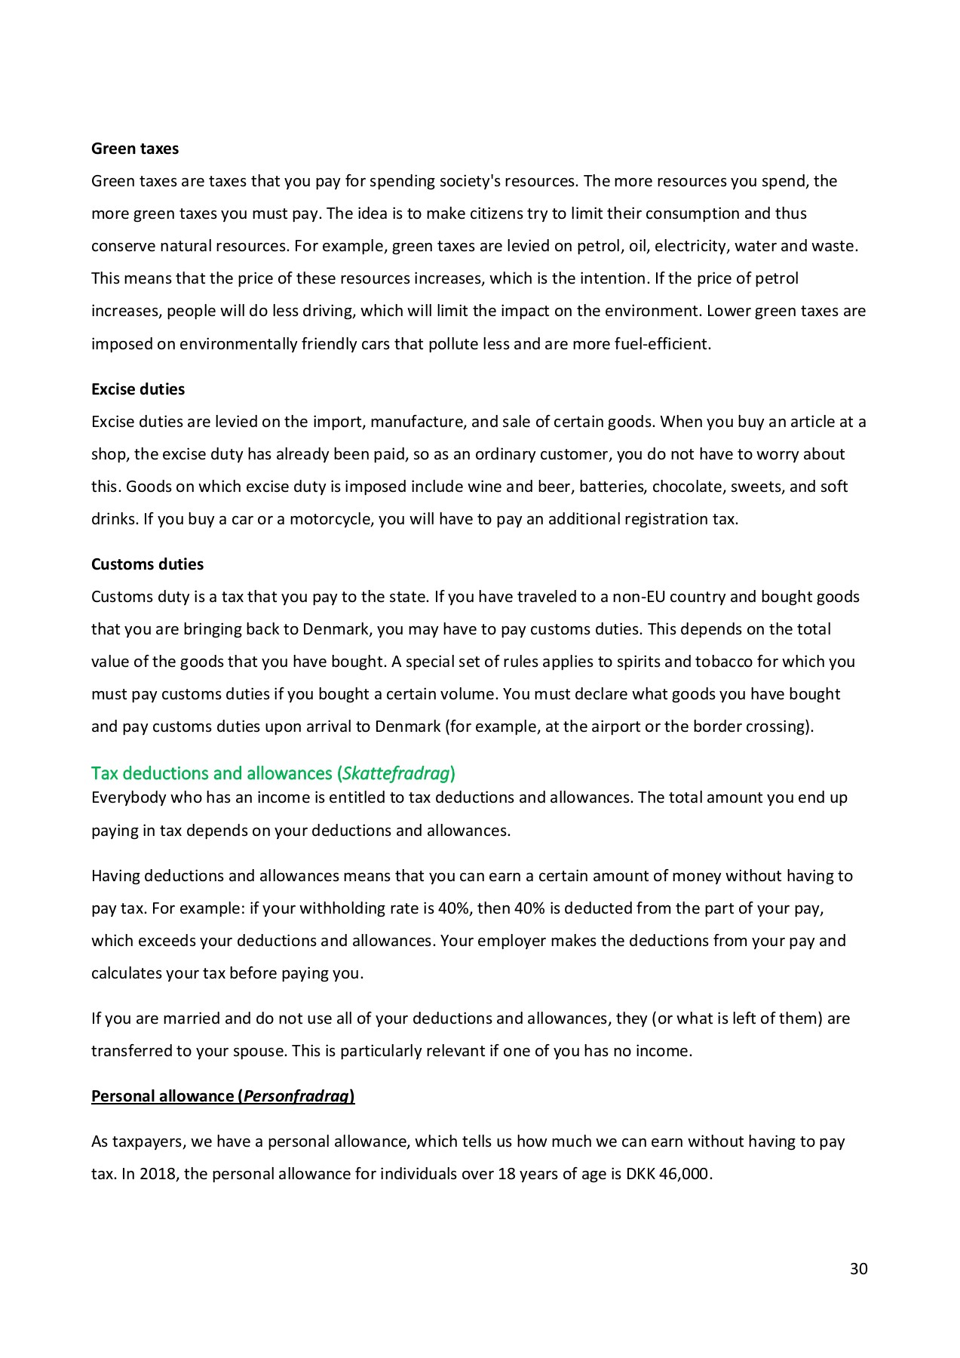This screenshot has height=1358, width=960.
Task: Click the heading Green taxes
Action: [x=135, y=149]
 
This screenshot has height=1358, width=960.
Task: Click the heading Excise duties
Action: [x=138, y=389]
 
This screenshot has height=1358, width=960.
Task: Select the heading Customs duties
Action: [x=147, y=564]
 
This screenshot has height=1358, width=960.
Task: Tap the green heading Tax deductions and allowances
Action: [x=273, y=773]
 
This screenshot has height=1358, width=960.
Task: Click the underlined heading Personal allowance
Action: [x=222, y=1096]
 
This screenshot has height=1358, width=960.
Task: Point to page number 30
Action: [x=858, y=1269]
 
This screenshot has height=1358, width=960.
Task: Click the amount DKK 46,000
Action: [x=668, y=1174]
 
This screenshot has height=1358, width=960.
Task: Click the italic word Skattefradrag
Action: [x=396, y=773]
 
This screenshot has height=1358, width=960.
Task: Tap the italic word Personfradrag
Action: [x=296, y=1096]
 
